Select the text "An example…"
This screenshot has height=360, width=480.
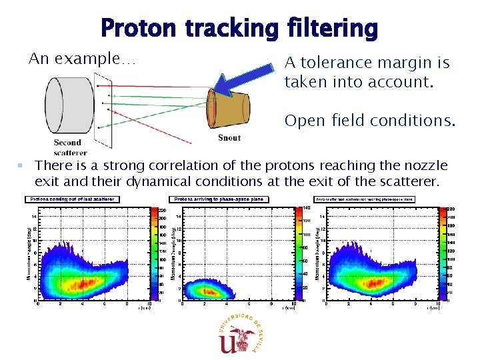82,59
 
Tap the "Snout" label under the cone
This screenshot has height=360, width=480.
229,138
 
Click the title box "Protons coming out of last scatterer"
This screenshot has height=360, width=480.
73,199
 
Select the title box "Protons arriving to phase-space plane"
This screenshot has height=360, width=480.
219,199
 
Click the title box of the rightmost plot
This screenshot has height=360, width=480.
365,199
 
